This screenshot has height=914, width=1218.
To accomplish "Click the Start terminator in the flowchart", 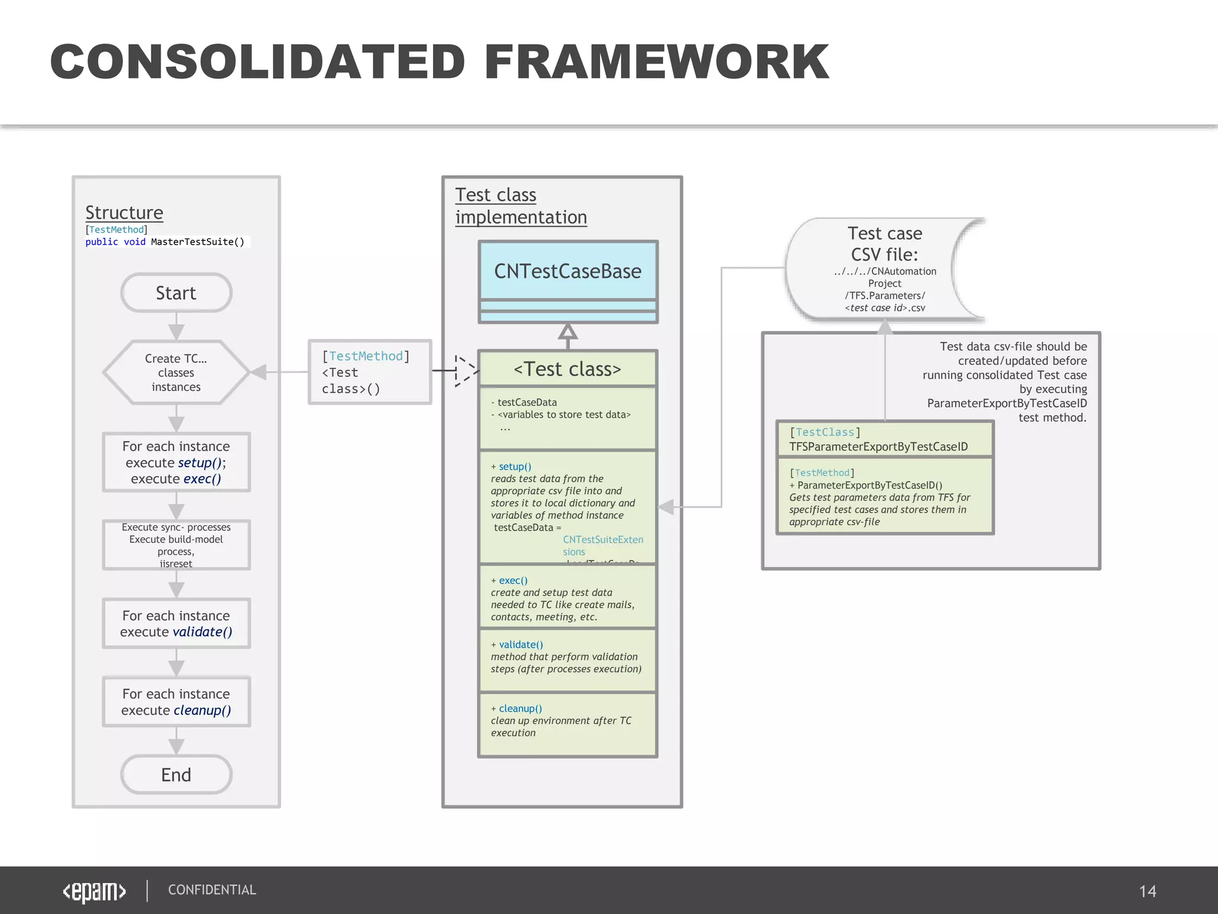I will pyautogui.click(x=176, y=293).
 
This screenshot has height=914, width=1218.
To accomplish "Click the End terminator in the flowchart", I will pyautogui.click(x=176, y=775).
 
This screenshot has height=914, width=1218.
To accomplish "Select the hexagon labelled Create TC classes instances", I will pyautogui.click(x=176, y=373).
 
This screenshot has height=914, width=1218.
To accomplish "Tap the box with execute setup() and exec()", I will pyautogui.click(x=176, y=462).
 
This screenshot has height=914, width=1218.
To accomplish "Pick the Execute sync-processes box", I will pyautogui.click(x=176, y=545).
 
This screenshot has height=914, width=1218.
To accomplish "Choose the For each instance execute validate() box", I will pyautogui.click(x=176, y=624).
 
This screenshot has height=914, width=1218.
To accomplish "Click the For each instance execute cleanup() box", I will pyautogui.click(x=176, y=702).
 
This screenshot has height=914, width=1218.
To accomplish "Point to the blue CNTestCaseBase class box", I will pyautogui.click(x=568, y=271).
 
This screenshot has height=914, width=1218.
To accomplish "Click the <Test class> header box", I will pyautogui.click(x=567, y=369).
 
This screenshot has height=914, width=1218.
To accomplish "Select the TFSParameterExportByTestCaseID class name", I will pyautogui.click(x=878, y=447).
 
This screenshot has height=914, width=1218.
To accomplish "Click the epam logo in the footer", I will pyautogui.click(x=95, y=891).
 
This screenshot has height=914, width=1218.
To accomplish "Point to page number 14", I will pyautogui.click(x=1147, y=891).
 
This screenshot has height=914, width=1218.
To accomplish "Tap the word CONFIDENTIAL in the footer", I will pyautogui.click(x=212, y=890).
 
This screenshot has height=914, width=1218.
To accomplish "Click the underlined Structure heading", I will pyautogui.click(x=124, y=212).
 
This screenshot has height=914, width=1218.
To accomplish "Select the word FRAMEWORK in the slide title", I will pyautogui.click(x=656, y=62).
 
